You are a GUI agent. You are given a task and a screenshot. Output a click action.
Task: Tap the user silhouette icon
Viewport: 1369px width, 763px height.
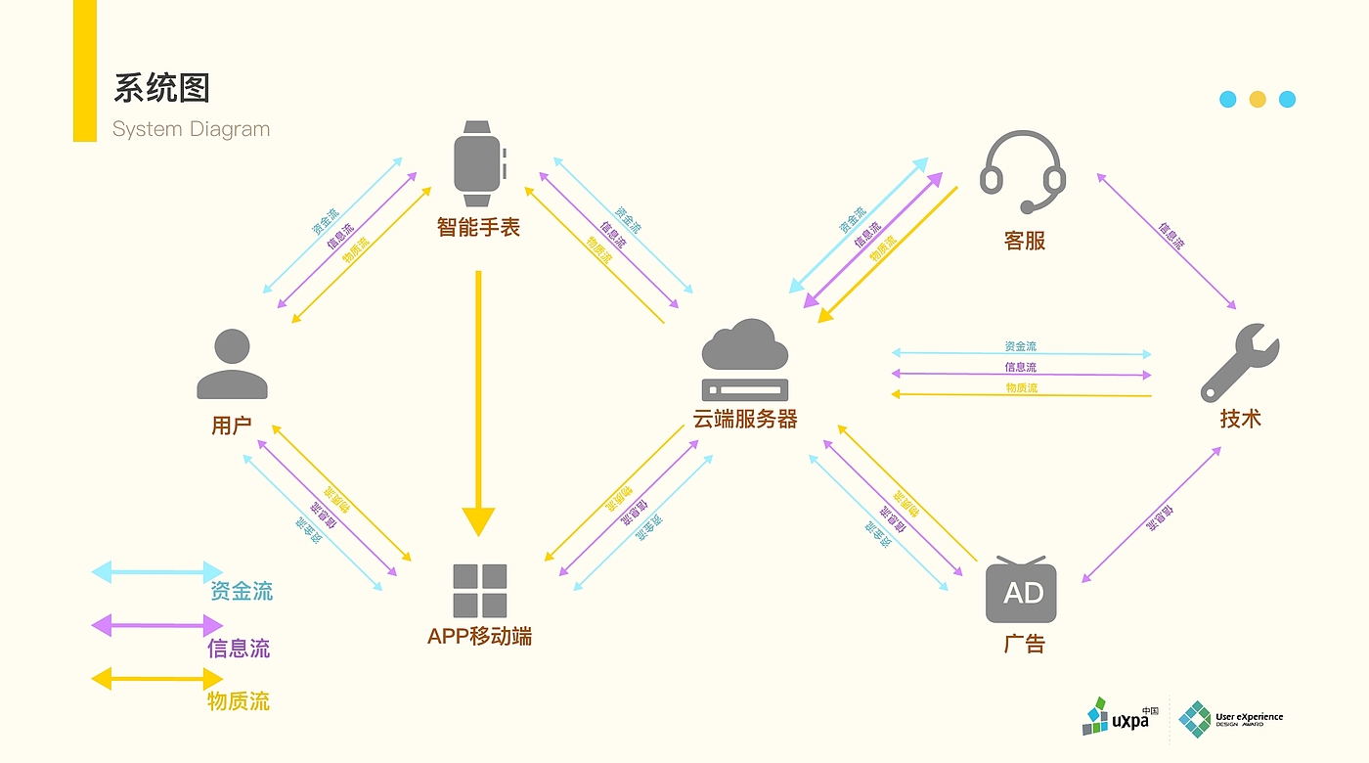click(x=232, y=364)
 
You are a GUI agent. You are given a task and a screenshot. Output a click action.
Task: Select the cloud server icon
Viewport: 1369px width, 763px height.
click(x=745, y=358)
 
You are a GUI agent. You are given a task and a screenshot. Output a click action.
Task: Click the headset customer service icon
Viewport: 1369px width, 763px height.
click(x=1023, y=172)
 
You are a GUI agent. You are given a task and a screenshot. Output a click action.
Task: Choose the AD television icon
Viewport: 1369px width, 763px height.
click(x=1021, y=590)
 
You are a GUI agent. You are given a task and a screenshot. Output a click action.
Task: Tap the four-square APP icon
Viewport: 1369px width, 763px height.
click(x=479, y=590)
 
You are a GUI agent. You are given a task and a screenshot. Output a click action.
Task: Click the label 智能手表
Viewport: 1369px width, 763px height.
click(x=478, y=228)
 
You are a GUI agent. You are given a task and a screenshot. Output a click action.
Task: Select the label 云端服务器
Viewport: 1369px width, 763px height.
click(x=745, y=420)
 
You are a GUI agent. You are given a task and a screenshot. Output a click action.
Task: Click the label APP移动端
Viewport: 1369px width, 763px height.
click(x=479, y=637)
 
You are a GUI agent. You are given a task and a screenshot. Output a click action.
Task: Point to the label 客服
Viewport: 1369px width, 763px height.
click(x=1025, y=241)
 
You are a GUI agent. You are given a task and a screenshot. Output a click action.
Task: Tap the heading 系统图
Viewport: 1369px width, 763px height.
click(x=161, y=88)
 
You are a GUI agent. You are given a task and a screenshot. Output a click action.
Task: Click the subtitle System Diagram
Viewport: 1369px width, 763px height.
click(x=191, y=129)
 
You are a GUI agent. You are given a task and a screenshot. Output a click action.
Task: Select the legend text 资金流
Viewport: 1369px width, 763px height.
click(x=242, y=591)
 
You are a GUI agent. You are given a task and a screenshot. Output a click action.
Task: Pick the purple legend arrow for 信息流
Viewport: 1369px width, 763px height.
click(x=156, y=625)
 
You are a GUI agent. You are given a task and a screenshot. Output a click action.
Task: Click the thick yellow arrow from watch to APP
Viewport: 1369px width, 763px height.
click(x=478, y=401)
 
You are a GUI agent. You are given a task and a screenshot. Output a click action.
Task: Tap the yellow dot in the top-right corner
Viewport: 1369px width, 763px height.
click(x=1258, y=99)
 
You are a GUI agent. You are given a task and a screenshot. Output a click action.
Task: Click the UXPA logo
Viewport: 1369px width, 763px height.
click(x=1120, y=717)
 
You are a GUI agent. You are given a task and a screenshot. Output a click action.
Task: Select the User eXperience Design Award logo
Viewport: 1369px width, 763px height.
click(x=1230, y=719)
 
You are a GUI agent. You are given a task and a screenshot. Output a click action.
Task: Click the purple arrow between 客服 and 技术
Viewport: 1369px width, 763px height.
click(x=1167, y=242)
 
